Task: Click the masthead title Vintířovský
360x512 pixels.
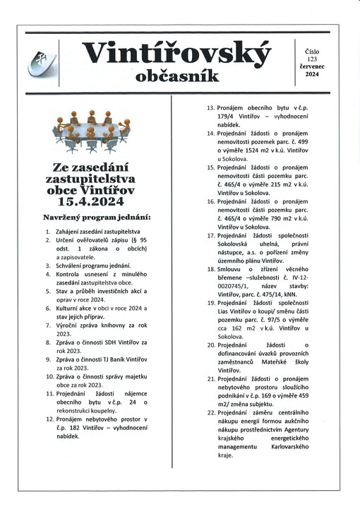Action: pyautogui.click(x=176, y=53)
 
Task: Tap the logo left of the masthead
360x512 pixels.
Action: pyautogui.click(x=44, y=64)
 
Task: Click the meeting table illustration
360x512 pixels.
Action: pyautogui.click(x=92, y=131)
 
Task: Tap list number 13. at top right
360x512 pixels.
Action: pyautogui.click(x=210, y=107)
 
